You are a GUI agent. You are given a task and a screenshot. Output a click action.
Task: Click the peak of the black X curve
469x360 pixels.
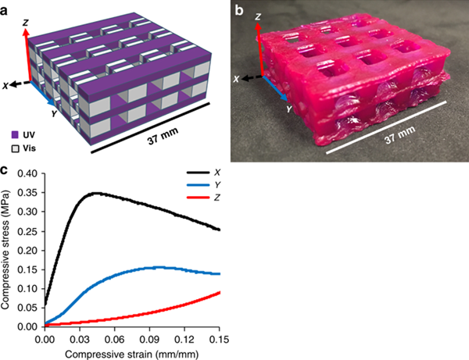pyautogui.click(x=95, y=193)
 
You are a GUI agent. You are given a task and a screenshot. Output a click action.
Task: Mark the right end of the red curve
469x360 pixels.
pyautogui.click(x=220, y=293)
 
